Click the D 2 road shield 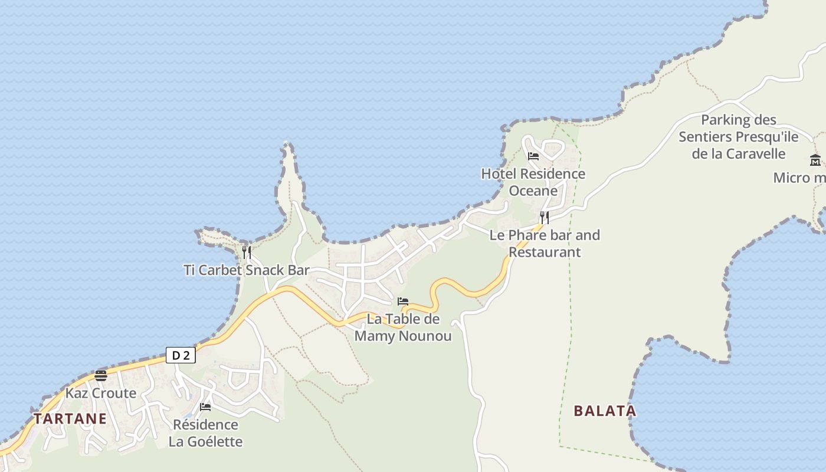tap(181, 355)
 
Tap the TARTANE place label tap(70, 419)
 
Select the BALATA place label tap(605, 411)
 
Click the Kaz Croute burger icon tap(101, 376)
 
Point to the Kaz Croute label tap(101, 393)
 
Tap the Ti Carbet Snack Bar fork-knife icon tap(247, 253)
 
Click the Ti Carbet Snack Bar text tap(247, 270)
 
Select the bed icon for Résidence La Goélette tap(205, 407)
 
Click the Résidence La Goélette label tap(205, 433)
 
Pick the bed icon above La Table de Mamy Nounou tap(403, 301)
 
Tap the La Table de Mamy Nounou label tap(403, 327)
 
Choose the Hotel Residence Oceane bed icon tap(533, 156)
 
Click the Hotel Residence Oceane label tap(533, 182)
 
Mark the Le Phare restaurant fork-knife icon tap(544, 218)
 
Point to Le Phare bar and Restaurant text tap(545, 243)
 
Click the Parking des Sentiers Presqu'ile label tap(739, 137)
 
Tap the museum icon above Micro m tap(815, 160)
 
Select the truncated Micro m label tap(799, 178)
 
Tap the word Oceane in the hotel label tap(533, 191)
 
